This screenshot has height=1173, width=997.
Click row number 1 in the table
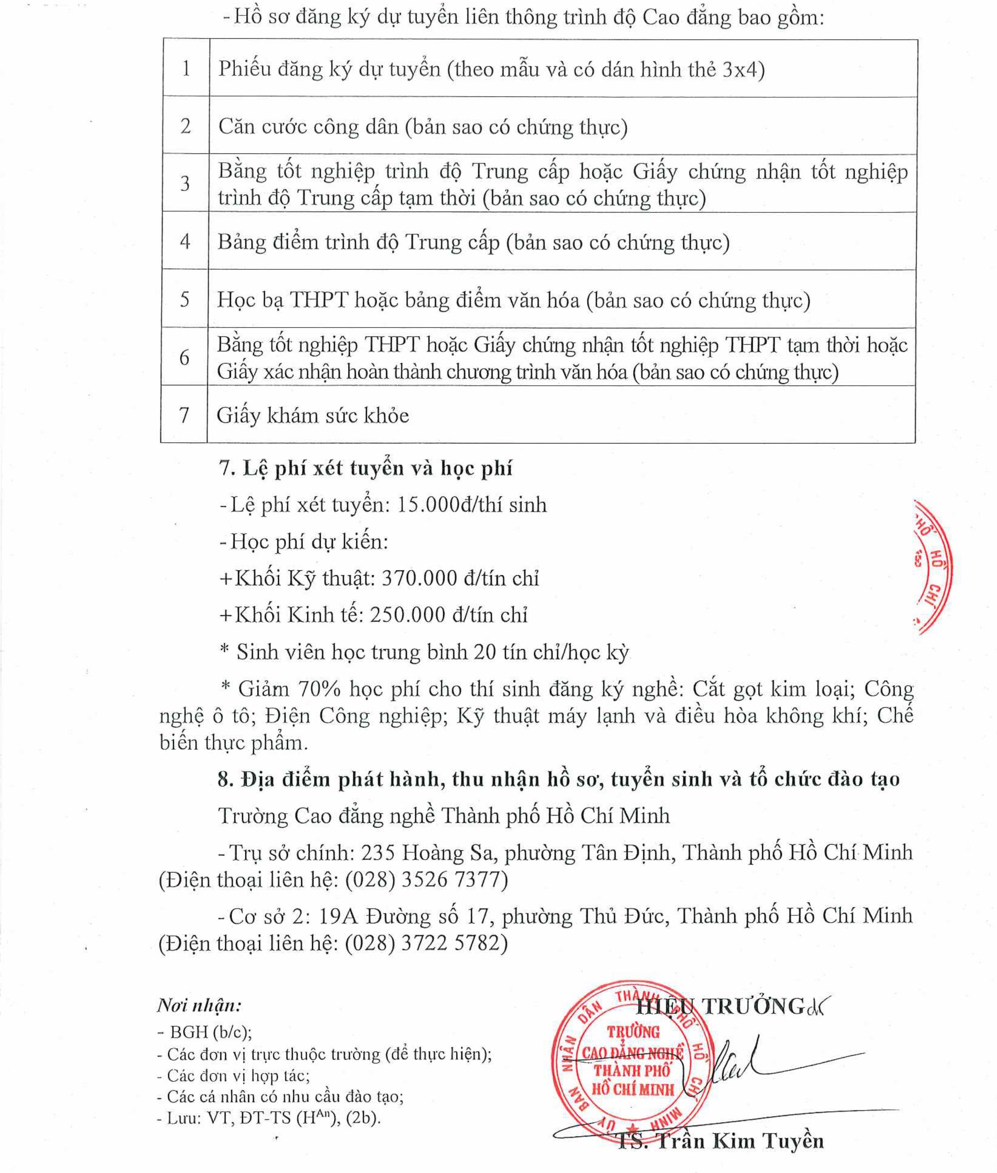(186, 68)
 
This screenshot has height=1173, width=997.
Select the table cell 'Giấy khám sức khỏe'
(313, 416)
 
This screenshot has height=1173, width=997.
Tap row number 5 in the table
(184, 299)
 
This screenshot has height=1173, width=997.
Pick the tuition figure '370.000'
(419, 578)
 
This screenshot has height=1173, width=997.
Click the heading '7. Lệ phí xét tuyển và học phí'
(365, 468)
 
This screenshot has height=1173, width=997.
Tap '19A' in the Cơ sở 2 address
(338, 915)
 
